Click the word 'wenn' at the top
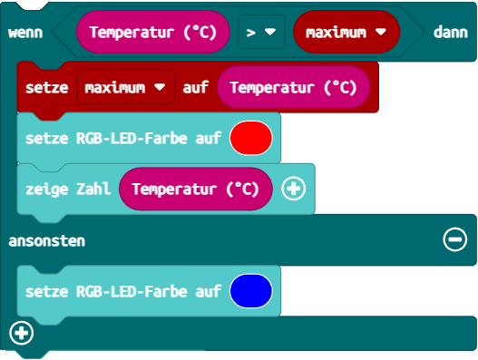(x=25, y=33)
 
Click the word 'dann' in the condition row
(x=450, y=33)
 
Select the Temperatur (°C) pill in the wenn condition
(x=152, y=33)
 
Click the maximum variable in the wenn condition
(x=337, y=33)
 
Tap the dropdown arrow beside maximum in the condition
(x=381, y=33)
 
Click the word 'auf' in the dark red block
(x=196, y=88)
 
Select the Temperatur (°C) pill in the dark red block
(x=293, y=88)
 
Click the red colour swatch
(x=251, y=139)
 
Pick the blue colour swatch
(x=251, y=291)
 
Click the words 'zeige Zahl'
(x=67, y=189)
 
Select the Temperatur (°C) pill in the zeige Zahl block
(x=195, y=189)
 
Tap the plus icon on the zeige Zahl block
(x=294, y=189)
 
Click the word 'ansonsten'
(x=46, y=240)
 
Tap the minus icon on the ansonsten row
(x=454, y=239)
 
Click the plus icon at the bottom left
(x=21, y=334)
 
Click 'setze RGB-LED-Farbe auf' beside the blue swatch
(x=123, y=292)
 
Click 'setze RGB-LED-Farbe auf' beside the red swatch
(x=123, y=140)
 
